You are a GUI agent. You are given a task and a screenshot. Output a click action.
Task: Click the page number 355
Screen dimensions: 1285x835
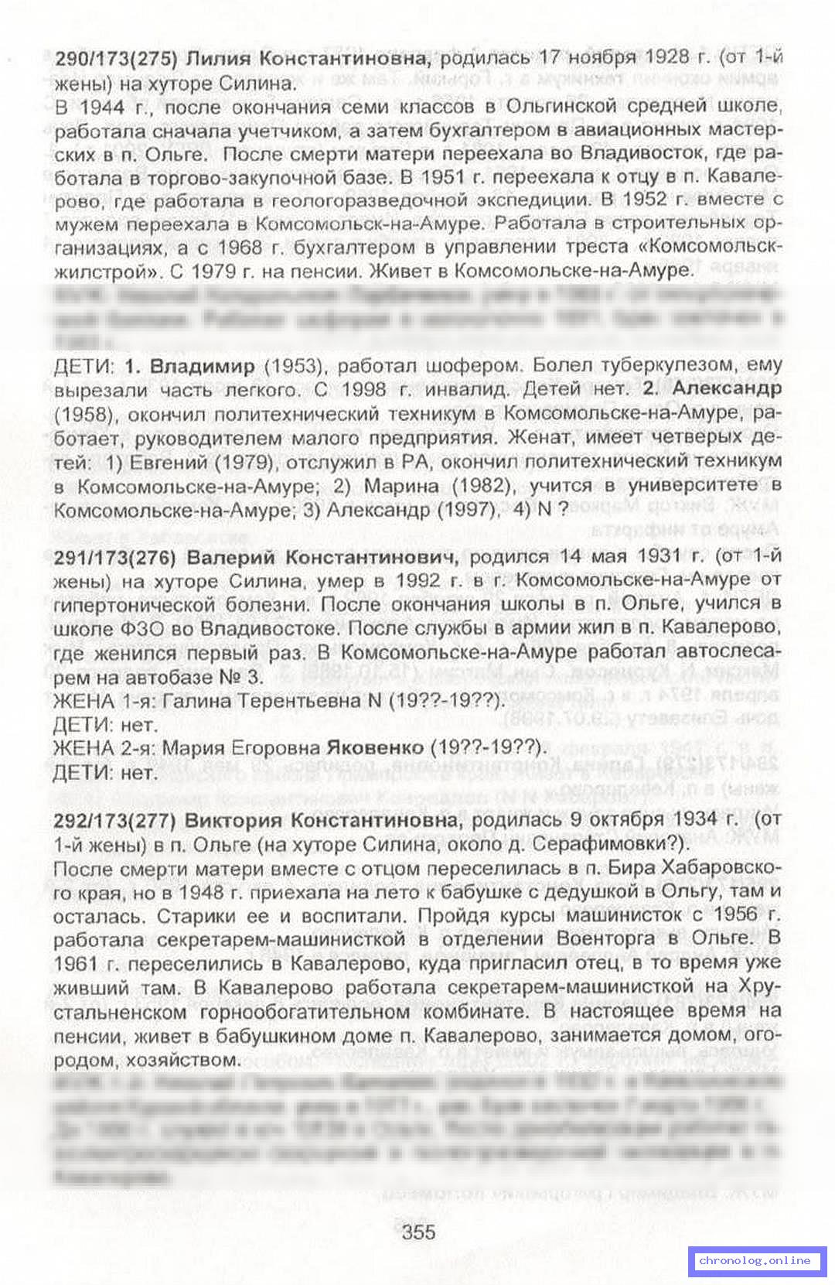pyautogui.click(x=418, y=1232)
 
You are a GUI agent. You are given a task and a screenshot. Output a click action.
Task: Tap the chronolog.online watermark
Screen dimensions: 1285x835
pyautogui.click(x=755, y=1260)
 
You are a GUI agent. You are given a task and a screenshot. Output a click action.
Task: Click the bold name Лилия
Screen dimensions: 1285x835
pyautogui.click(x=219, y=59)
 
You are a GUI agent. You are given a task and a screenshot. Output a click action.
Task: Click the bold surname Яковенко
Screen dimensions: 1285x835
pyautogui.click(x=375, y=748)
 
